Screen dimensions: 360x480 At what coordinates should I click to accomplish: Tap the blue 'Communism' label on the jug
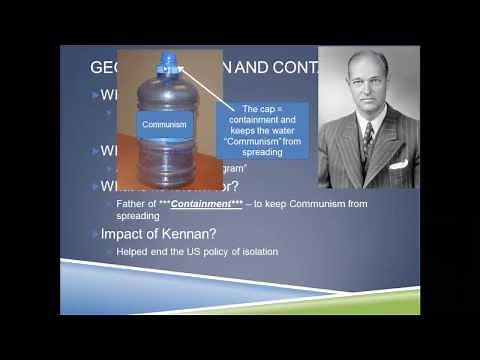[x=165, y=125]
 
